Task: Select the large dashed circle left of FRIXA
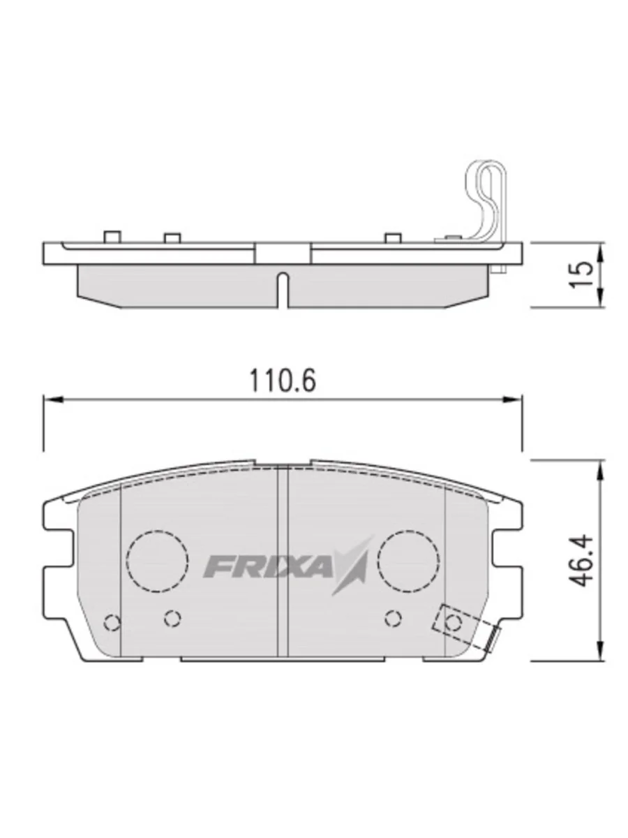coord(158,559)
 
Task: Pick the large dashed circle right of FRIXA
coord(408,559)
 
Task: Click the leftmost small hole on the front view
coord(111,622)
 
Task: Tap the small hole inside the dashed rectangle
coord(454,622)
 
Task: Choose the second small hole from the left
coord(172,617)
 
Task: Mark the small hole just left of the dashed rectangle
coord(394,617)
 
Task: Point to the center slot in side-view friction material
coord(282,289)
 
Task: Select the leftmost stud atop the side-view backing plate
coord(109,237)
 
